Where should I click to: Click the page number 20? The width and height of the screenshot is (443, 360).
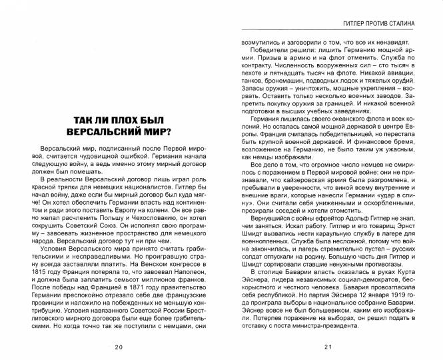(x=118, y=347)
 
